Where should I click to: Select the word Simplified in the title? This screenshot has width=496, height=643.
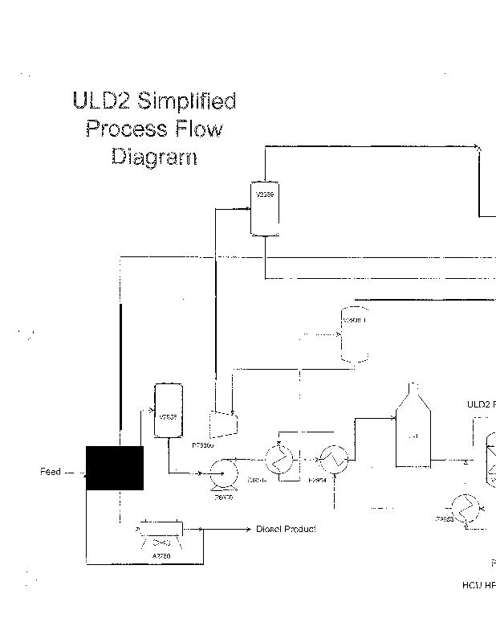(186, 102)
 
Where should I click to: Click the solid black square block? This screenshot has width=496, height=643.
(115, 468)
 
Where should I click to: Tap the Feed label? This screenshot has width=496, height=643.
(50, 472)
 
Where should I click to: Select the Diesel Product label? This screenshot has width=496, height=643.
(286, 529)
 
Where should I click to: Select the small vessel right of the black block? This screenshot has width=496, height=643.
(168, 411)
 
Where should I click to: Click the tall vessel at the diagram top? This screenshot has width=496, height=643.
(264, 207)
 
